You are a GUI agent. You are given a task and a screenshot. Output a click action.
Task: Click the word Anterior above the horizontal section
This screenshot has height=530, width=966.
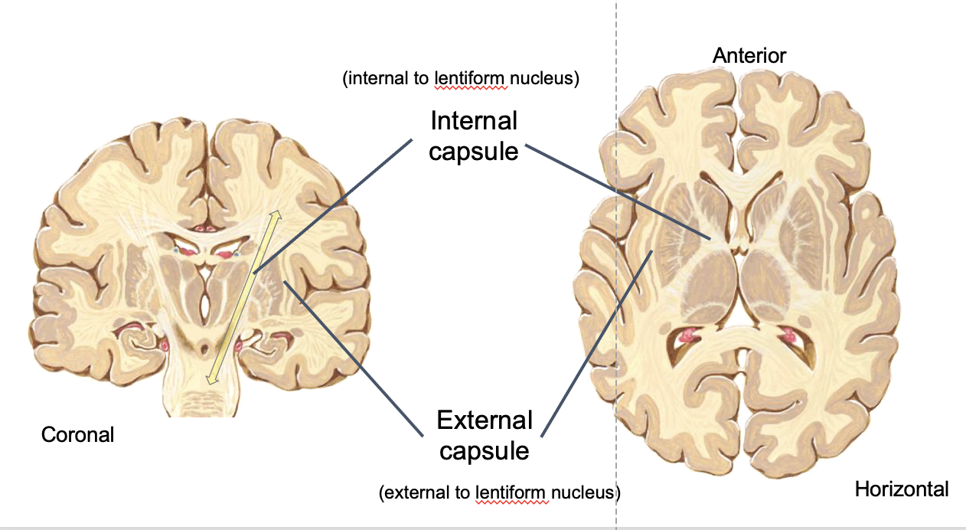[749, 55]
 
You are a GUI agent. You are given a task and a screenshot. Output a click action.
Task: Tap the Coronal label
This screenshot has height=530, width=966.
[77, 435]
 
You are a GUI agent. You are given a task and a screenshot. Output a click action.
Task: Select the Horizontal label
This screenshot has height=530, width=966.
[901, 489]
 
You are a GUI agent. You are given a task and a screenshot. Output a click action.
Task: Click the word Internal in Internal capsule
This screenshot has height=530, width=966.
[474, 121]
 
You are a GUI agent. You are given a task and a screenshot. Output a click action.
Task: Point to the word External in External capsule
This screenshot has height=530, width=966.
[485, 420]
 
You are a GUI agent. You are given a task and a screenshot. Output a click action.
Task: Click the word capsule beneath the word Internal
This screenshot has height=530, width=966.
[474, 151]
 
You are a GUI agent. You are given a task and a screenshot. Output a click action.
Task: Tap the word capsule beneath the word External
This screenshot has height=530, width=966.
[484, 450]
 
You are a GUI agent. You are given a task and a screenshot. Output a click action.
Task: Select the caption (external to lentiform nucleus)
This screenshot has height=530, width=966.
[499, 492]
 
